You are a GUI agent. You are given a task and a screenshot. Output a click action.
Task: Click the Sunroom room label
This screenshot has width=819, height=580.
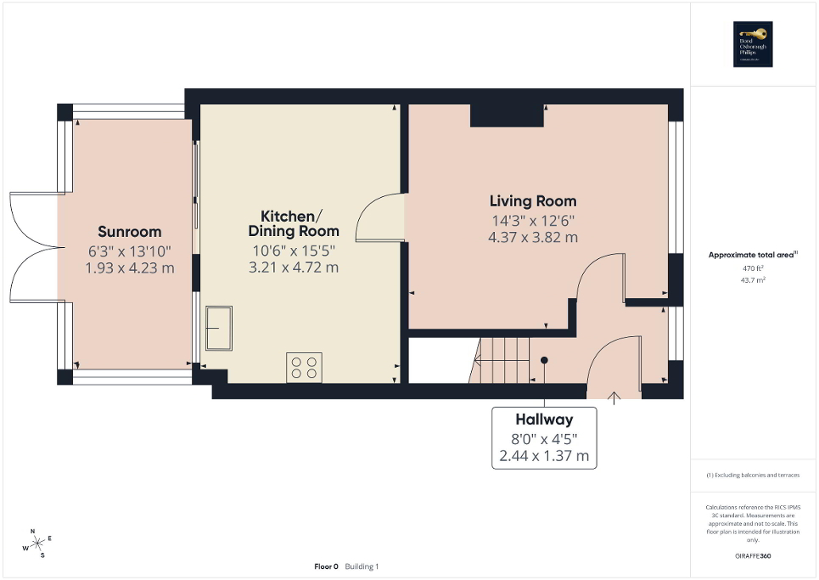pos(129,232)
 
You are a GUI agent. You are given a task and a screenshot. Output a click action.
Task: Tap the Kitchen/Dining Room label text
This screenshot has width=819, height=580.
pos(293,222)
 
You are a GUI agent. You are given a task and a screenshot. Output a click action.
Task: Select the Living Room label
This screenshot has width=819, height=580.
pos(533,201)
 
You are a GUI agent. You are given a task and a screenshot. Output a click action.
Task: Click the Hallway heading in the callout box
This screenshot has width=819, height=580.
pos(544,420)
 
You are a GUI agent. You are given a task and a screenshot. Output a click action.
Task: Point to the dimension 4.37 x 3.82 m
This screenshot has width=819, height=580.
pos(533,238)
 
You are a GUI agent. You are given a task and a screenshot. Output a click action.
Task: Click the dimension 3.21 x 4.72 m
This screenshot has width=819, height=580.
pos(293,267)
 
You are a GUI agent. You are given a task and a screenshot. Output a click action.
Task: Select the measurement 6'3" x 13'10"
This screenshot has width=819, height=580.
pos(129,251)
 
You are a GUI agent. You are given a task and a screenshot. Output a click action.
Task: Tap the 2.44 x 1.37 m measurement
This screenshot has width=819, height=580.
pos(544,456)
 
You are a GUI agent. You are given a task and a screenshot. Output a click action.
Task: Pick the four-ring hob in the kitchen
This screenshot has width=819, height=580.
pos(304,367)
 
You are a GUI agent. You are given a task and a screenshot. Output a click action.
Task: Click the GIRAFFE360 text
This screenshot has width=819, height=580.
pos(753,555)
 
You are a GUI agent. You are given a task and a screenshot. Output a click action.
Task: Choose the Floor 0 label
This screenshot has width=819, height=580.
pos(326,566)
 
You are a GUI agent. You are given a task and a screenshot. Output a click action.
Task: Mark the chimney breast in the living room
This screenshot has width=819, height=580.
pos(507,115)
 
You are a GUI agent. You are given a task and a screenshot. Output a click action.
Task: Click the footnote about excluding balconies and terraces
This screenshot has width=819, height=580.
pos(753,476)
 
